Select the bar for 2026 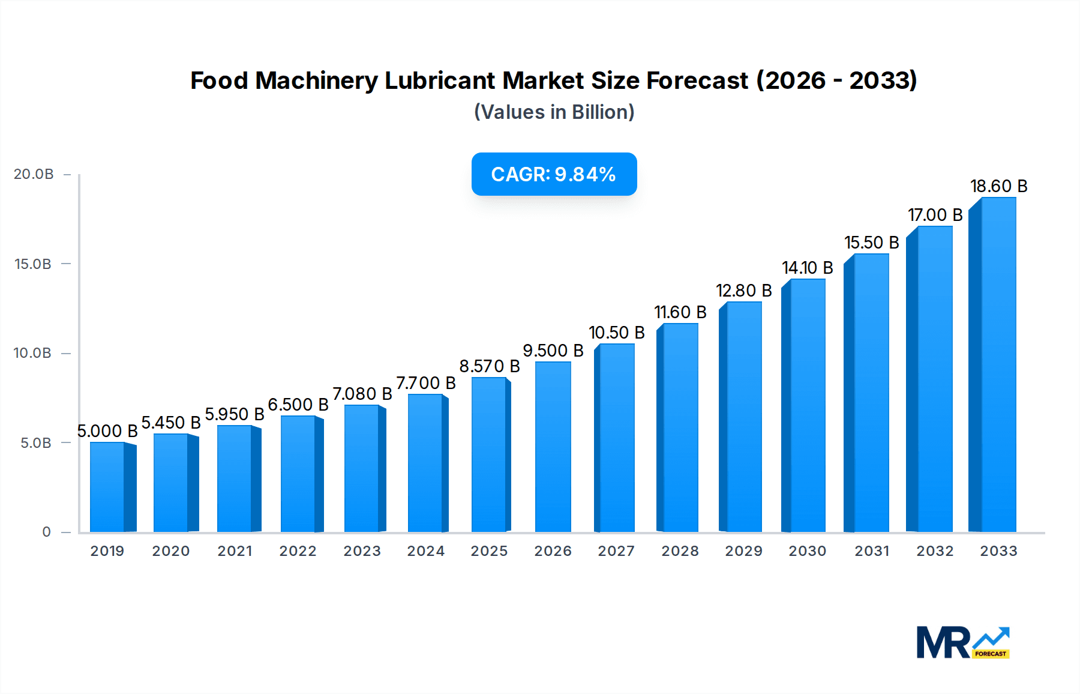click(x=553, y=447)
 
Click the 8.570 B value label click(x=489, y=366)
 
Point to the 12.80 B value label click(x=743, y=291)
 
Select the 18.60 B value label click(x=998, y=186)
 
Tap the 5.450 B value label click(x=171, y=423)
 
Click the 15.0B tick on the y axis click(x=33, y=264)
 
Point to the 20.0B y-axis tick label click(x=34, y=174)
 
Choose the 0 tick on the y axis click(x=46, y=532)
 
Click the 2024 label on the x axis click(x=425, y=551)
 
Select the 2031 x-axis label click(x=871, y=551)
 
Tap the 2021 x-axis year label click(x=235, y=551)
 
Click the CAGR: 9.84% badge click(x=554, y=174)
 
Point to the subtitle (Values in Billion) click(x=554, y=112)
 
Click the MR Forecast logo click(x=962, y=642)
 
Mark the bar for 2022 click(x=299, y=474)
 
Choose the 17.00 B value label click(x=935, y=215)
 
